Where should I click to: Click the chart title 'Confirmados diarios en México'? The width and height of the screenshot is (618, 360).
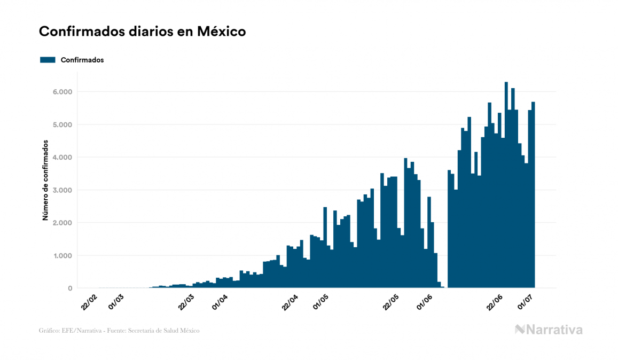point(142,32)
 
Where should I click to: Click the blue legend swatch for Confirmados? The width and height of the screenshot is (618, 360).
point(48,60)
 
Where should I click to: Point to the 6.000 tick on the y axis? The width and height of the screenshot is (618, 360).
point(62,92)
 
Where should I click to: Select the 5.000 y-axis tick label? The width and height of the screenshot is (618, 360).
point(62,124)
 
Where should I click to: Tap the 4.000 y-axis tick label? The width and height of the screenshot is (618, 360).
point(62,158)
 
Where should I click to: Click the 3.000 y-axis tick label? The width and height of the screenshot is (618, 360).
point(62,190)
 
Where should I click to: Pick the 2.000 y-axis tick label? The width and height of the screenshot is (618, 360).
point(62,223)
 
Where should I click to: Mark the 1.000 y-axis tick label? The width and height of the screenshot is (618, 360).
point(62,256)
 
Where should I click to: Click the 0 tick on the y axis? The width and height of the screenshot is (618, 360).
point(69,288)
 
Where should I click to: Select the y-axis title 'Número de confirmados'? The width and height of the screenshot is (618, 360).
point(46,181)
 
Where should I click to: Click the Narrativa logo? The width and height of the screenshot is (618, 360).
point(549,330)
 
